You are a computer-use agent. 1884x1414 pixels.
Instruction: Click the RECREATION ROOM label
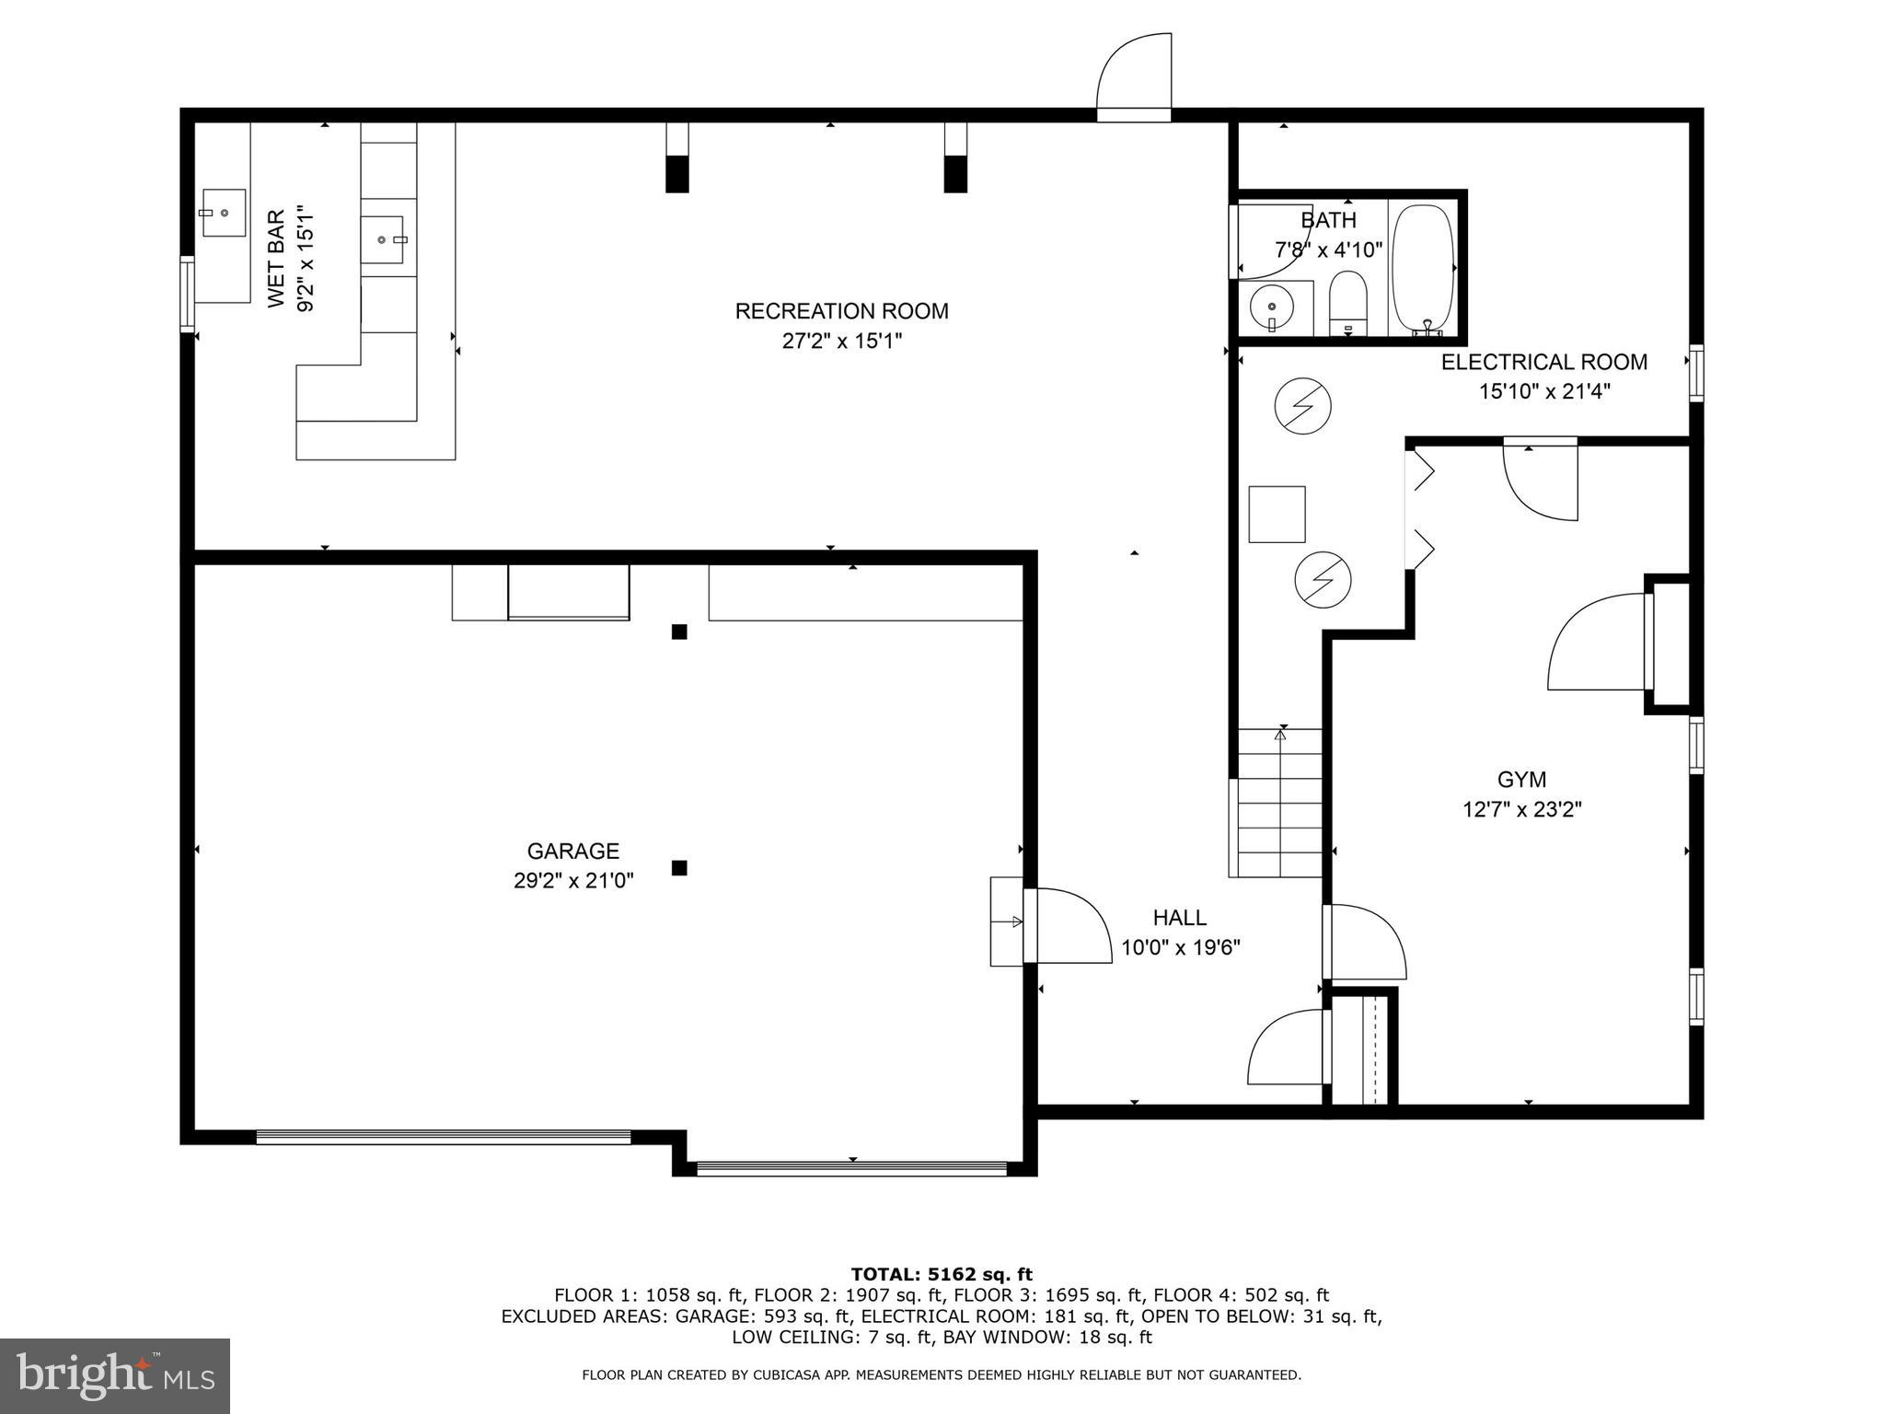click(x=841, y=311)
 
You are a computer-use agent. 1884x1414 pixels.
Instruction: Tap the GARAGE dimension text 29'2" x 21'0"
click(x=573, y=881)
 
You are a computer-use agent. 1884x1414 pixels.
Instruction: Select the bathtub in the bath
click(x=1423, y=268)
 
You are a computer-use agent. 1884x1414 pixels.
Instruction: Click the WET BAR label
click(x=275, y=260)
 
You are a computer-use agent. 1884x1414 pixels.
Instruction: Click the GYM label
click(x=1521, y=780)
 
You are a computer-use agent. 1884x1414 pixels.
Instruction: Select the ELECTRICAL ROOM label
click(x=1543, y=362)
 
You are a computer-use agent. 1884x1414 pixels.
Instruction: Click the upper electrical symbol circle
click(x=1302, y=405)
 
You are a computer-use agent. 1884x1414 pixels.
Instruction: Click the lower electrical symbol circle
click(x=1323, y=579)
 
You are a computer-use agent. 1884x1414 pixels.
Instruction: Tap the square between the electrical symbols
click(x=1277, y=515)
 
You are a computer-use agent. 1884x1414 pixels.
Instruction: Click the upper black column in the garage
click(x=679, y=632)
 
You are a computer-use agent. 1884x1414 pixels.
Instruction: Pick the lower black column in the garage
click(x=679, y=867)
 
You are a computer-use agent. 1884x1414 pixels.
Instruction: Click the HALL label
click(x=1179, y=918)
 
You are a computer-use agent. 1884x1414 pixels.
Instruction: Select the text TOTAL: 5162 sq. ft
click(x=942, y=1274)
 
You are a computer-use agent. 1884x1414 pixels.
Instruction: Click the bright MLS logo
click(x=115, y=1375)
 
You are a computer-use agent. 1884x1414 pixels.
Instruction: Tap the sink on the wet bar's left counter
click(x=223, y=213)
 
